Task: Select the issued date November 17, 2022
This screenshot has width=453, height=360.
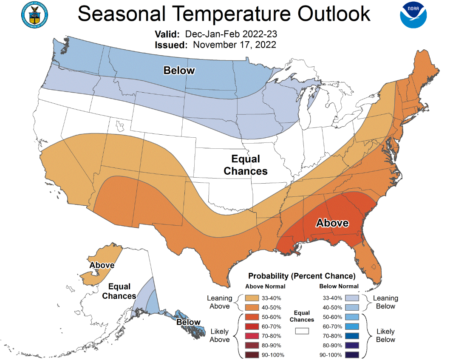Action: click(235, 45)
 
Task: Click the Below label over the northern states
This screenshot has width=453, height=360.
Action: click(179, 71)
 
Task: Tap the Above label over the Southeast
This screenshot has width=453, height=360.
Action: click(332, 223)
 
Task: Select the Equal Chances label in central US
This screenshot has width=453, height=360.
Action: click(246, 165)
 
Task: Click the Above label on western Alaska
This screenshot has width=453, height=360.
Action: click(102, 265)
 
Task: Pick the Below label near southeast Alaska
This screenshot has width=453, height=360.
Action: click(188, 322)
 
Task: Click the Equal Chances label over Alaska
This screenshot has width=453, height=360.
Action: click(119, 291)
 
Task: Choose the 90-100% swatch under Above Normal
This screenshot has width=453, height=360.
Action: click(248, 354)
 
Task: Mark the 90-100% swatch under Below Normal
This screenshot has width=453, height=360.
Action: click(352, 354)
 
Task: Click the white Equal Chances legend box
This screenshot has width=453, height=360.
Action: click(302, 330)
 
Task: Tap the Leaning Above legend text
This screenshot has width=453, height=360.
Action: click(219, 302)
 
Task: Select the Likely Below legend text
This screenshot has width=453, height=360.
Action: click(385, 335)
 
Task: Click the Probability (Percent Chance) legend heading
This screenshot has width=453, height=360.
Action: click(302, 276)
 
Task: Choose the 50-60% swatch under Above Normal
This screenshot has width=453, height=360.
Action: click(248, 317)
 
